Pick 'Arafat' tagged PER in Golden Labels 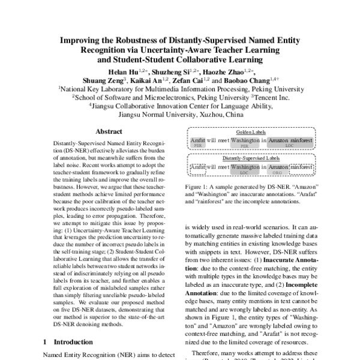tap(197, 140)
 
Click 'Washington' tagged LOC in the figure tap(244, 167)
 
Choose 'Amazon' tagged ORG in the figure tap(278, 167)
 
